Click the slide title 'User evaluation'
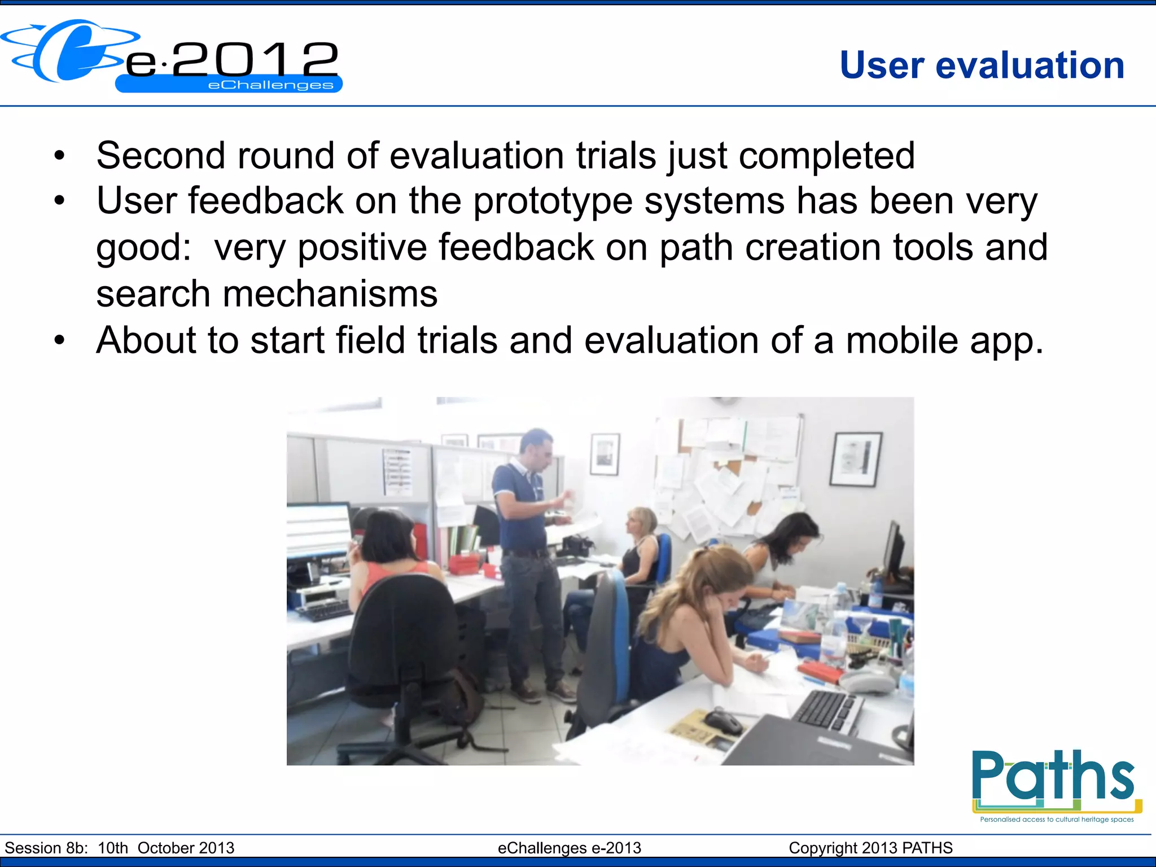(x=982, y=65)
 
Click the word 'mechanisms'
(x=330, y=294)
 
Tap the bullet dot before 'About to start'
(x=60, y=341)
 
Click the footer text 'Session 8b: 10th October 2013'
(x=119, y=848)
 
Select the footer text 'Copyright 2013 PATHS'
(x=870, y=848)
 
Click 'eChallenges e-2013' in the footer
(x=569, y=848)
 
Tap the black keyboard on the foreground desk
(x=827, y=710)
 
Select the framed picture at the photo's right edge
(x=856, y=458)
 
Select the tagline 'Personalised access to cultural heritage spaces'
(x=1057, y=819)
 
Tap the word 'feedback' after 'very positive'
(x=516, y=248)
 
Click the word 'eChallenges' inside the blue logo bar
(x=270, y=85)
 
